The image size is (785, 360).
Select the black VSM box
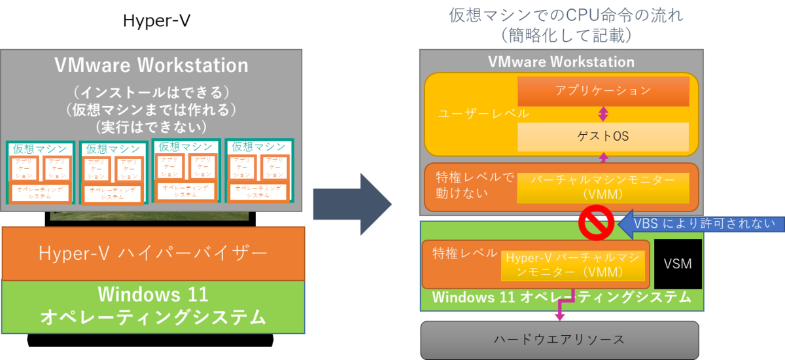pyautogui.click(x=678, y=264)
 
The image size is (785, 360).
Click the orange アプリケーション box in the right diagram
pyautogui.click(x=603, y=91)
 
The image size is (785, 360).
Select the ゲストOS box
pyautogui.click(x=603, y=136)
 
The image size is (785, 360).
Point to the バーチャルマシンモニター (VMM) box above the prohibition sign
pyautogui.click(x=603, y=187)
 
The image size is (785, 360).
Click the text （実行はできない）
pyautogui.click(x=151, y=125)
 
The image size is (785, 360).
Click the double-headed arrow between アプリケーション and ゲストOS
pyautogui.click(x=603, y=114)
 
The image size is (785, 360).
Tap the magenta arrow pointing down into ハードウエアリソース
pyautogui.click(x=560, y=315)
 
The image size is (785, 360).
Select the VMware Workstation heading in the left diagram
pyautogui.click(x=151, y=65)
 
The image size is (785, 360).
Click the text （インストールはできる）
pyautogui.click(x=151, y=90)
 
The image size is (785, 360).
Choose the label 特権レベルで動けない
pyautogui.click(x=470, y=186)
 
